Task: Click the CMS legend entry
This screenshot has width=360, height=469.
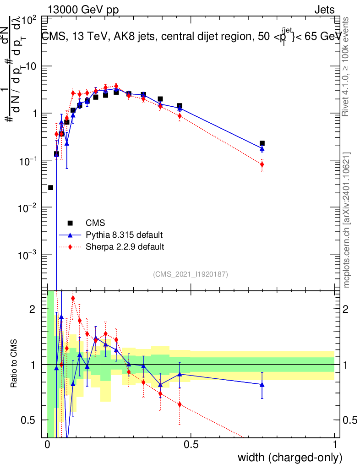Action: pyautogui.click(x=95, y=224)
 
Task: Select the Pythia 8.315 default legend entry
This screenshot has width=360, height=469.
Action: pyautogui.click(x=124, y=235)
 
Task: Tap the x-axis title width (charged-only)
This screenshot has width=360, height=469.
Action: pyautogui.click(x=290, y=458)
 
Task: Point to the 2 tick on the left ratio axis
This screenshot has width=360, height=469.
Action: pyautogui.click(x=33, y=309)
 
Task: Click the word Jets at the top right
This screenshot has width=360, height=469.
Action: pyautogui.click(x=324, y=10)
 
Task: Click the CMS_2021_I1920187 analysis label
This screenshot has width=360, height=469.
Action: pyautogui.click(x=191, y=274)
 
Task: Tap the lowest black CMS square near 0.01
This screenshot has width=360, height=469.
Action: pyautogui.click(x=51, y=188)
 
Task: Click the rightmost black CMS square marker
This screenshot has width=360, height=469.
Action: pyautogui.click(x=262, y=143)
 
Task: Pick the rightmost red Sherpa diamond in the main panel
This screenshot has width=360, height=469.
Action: pyautogui.click(x=262, y=164)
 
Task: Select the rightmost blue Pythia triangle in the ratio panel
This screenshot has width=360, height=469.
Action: pyautogui.click(x=262, y=384)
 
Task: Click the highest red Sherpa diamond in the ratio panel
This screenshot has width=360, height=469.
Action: pyautogui.click(x=73, y=299)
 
